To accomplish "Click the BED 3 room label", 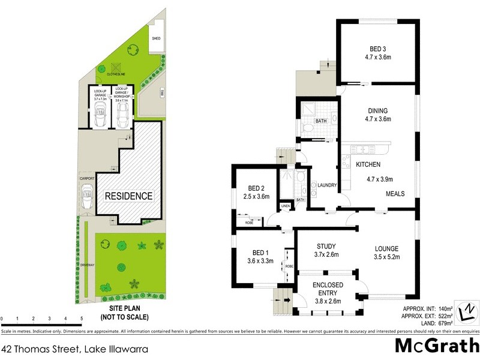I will (378, 49).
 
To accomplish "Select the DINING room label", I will (378, 110).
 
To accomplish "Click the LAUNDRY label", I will (326, 185).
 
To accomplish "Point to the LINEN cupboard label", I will (285, 206).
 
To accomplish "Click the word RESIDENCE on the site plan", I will (129, 196).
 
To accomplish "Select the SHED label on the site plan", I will (156, 38).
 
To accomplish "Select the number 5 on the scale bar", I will (81, 318).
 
